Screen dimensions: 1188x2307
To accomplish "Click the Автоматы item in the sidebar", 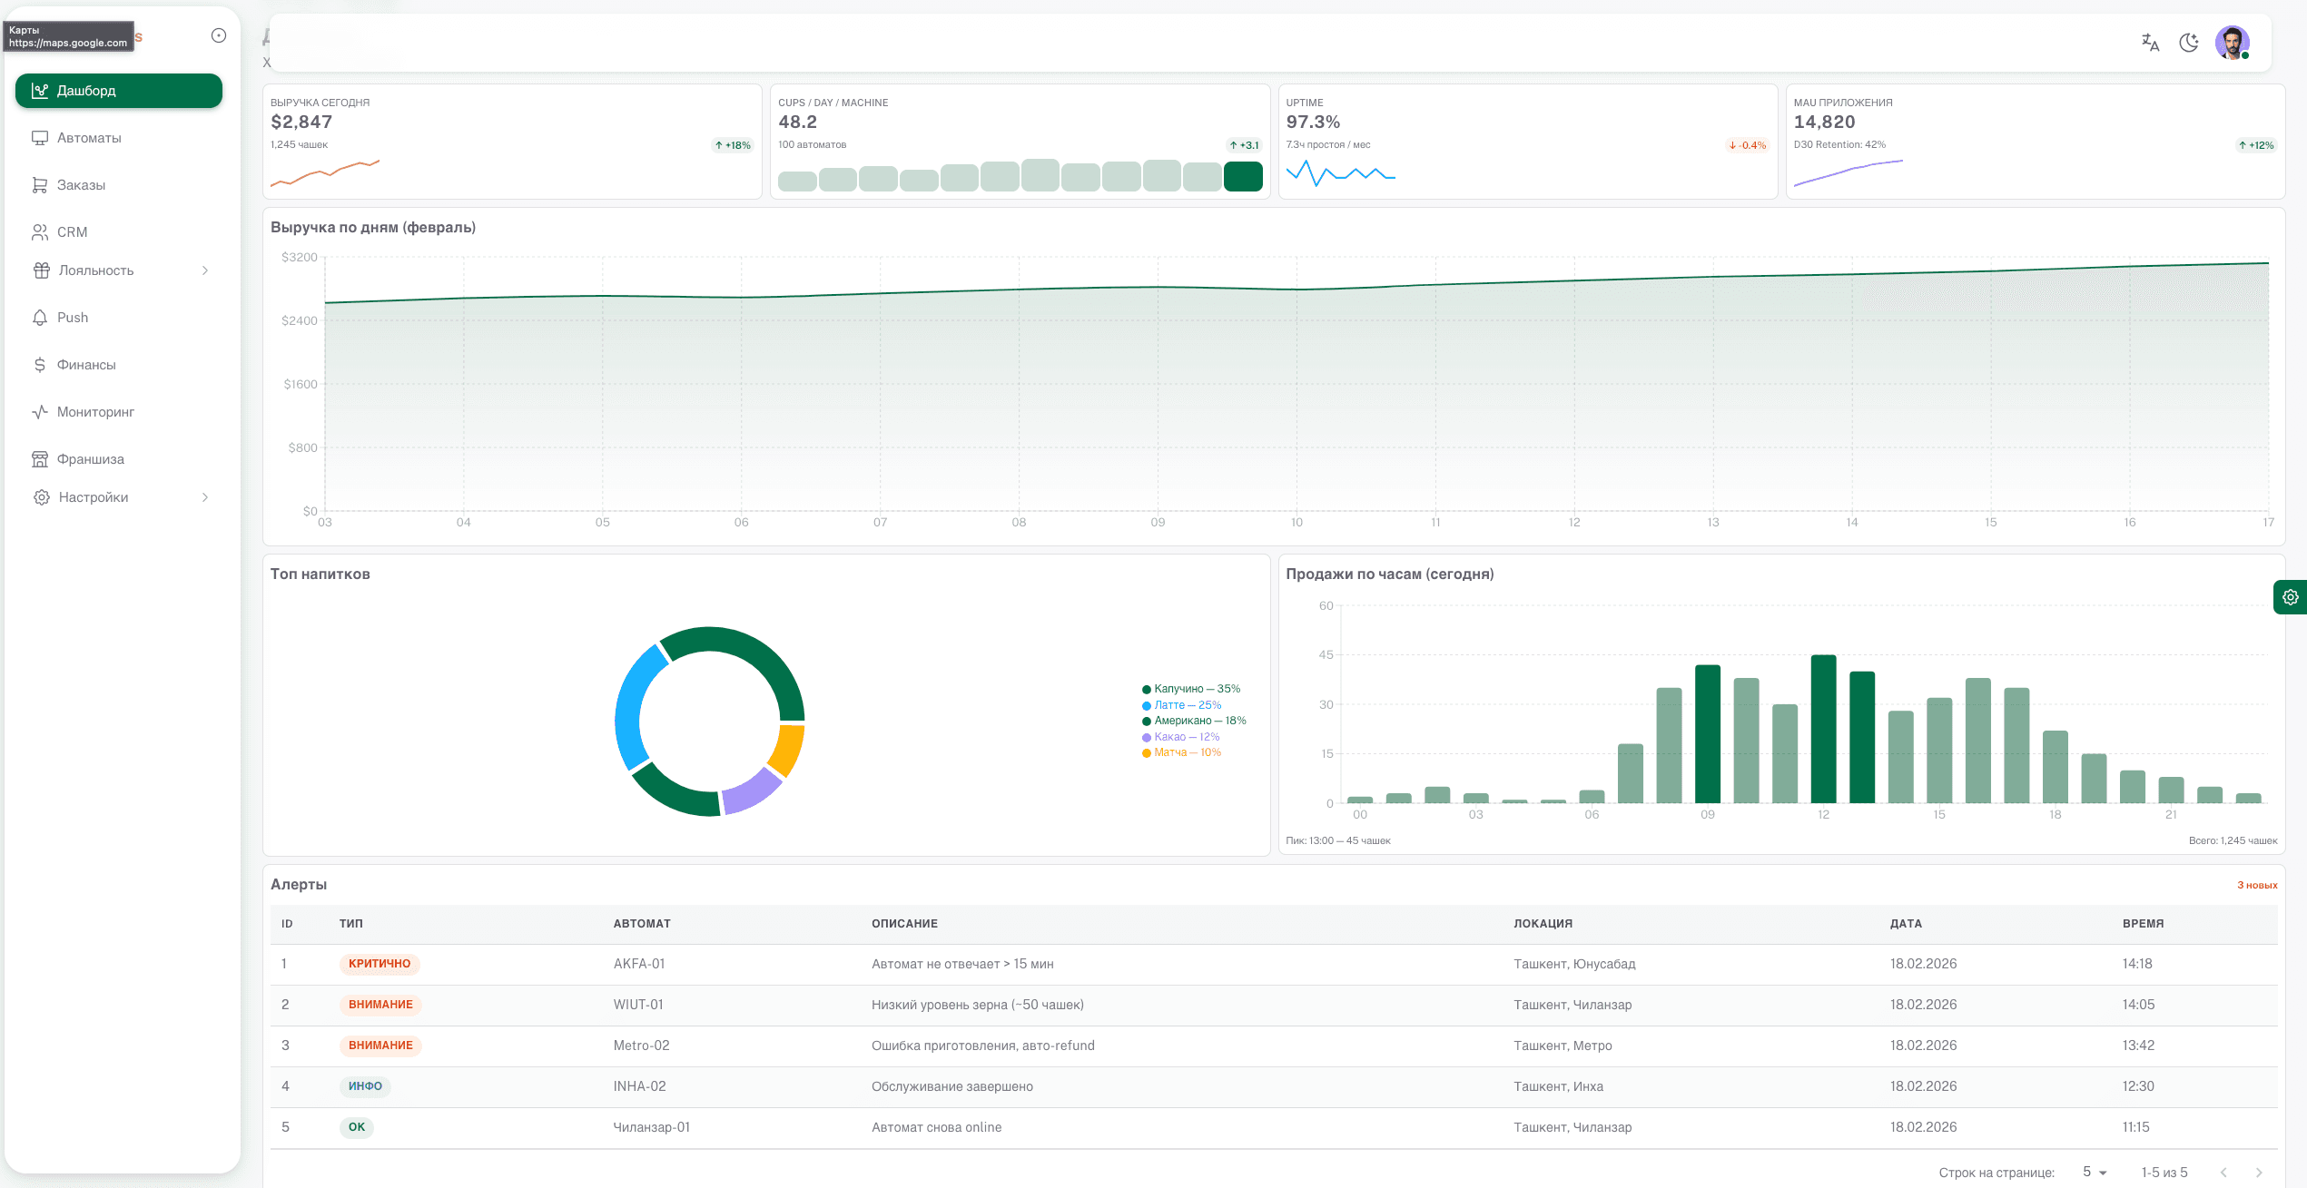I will pyautogui.click(x=88, y=138).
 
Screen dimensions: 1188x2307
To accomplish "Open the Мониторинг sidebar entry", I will pyautogui.click(x=94, y=412).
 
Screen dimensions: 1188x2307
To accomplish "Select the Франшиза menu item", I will pyautogui.click(x=90, y=459).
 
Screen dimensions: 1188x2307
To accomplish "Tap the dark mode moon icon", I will pyautogui.click(x=2189, y=43).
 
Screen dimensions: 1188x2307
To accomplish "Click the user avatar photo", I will pyautogui.click(x=2231, y=42).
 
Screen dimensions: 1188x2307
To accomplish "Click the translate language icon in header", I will pyautogui.click(x=2150, y=43).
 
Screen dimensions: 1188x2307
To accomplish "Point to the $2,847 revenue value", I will pyautogui.click(x=301, y=122).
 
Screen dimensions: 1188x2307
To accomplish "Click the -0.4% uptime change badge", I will pyautogui.click(x=1748, y=145).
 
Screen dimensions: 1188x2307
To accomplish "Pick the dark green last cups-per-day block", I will pyautogui.click(x=1243, y=176).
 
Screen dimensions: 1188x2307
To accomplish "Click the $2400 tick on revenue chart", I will pyautogui.click(x=299, y=320).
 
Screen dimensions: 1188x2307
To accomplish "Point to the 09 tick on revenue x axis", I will pyautogui.click(x=1158, y=523).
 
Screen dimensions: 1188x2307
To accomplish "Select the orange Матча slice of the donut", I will pyautogui.click(x=788, y=749).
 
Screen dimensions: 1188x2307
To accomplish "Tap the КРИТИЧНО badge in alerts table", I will pyautogui.click(x=380, y=964).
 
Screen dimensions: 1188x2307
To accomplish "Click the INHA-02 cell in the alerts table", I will pyautogui.click(x=639, y=1086).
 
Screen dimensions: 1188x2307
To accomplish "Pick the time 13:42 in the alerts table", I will pyautogui.click(x=2137, y=1046).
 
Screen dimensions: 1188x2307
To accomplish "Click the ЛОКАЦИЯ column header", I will pyautogui.click(x=1543, y=924).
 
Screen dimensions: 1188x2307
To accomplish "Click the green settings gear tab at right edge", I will pyautogui.click(x=2290, y=597).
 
